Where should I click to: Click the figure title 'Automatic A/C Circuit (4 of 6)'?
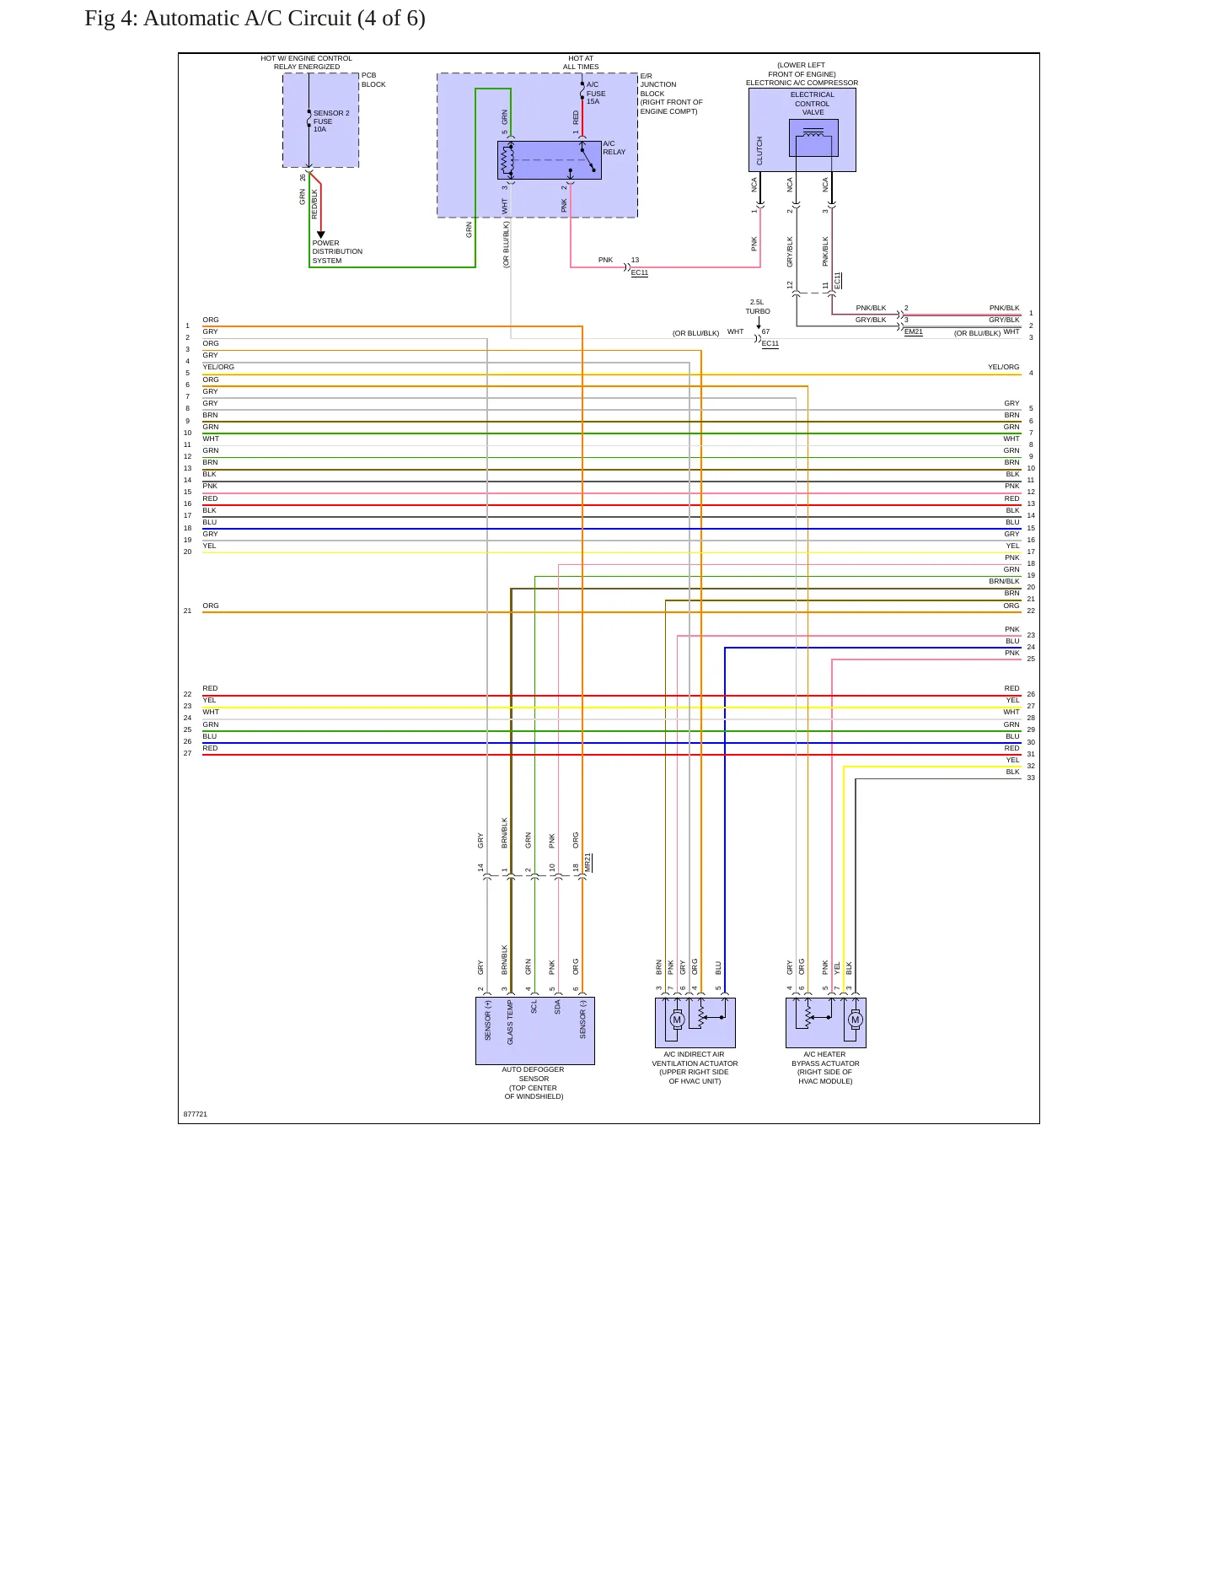[x=284, y=19]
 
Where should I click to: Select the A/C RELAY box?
[x=549, y=160]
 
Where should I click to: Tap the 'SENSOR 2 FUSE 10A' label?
[x=331, y=121]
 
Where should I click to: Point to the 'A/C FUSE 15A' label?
[x=596, y=93]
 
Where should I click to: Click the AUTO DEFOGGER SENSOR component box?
[x=534, y=1031]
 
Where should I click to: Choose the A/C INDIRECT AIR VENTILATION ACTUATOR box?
[x=695, y=1022]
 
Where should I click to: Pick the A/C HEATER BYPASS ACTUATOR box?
[x=825, y=1022]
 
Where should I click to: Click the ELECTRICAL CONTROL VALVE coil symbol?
[x=813, y=137]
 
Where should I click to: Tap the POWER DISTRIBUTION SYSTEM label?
[x=337, y=251]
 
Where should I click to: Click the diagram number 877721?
[x=196, y=1114]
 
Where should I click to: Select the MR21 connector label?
[x=588, y=863]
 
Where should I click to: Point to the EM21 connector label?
[x=913, y=332]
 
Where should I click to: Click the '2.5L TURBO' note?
[x=757, y=307]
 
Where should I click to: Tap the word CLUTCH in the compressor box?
[x=759, y=151]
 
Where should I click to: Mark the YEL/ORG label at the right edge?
[x=1003, y=368]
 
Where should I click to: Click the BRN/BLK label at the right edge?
[x=1004, y=581]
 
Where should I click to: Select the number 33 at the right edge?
[x=1031, y=778]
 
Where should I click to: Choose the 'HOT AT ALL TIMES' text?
[x=581, y=62]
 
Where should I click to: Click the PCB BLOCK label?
[x=373, y=80]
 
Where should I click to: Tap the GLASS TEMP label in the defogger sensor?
[x=510, y=1022]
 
